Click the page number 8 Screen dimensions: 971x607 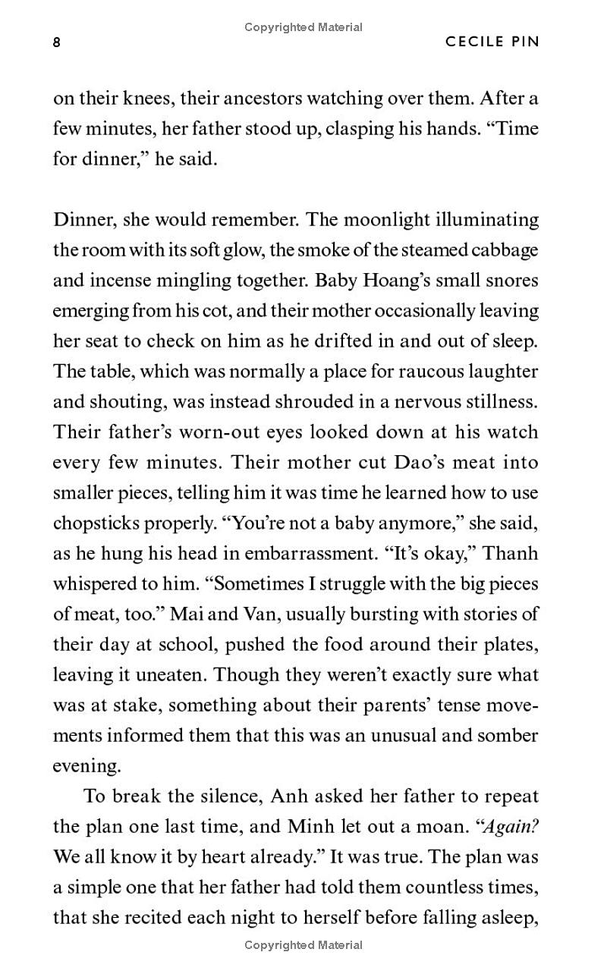point(57,42)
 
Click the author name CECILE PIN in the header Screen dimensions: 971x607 point(492,42)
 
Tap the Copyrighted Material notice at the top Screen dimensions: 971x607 point(303,27)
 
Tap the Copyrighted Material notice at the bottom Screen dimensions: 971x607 point(303,945)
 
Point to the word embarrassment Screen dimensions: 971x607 point(311,554)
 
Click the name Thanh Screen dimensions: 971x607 point(510,554)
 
